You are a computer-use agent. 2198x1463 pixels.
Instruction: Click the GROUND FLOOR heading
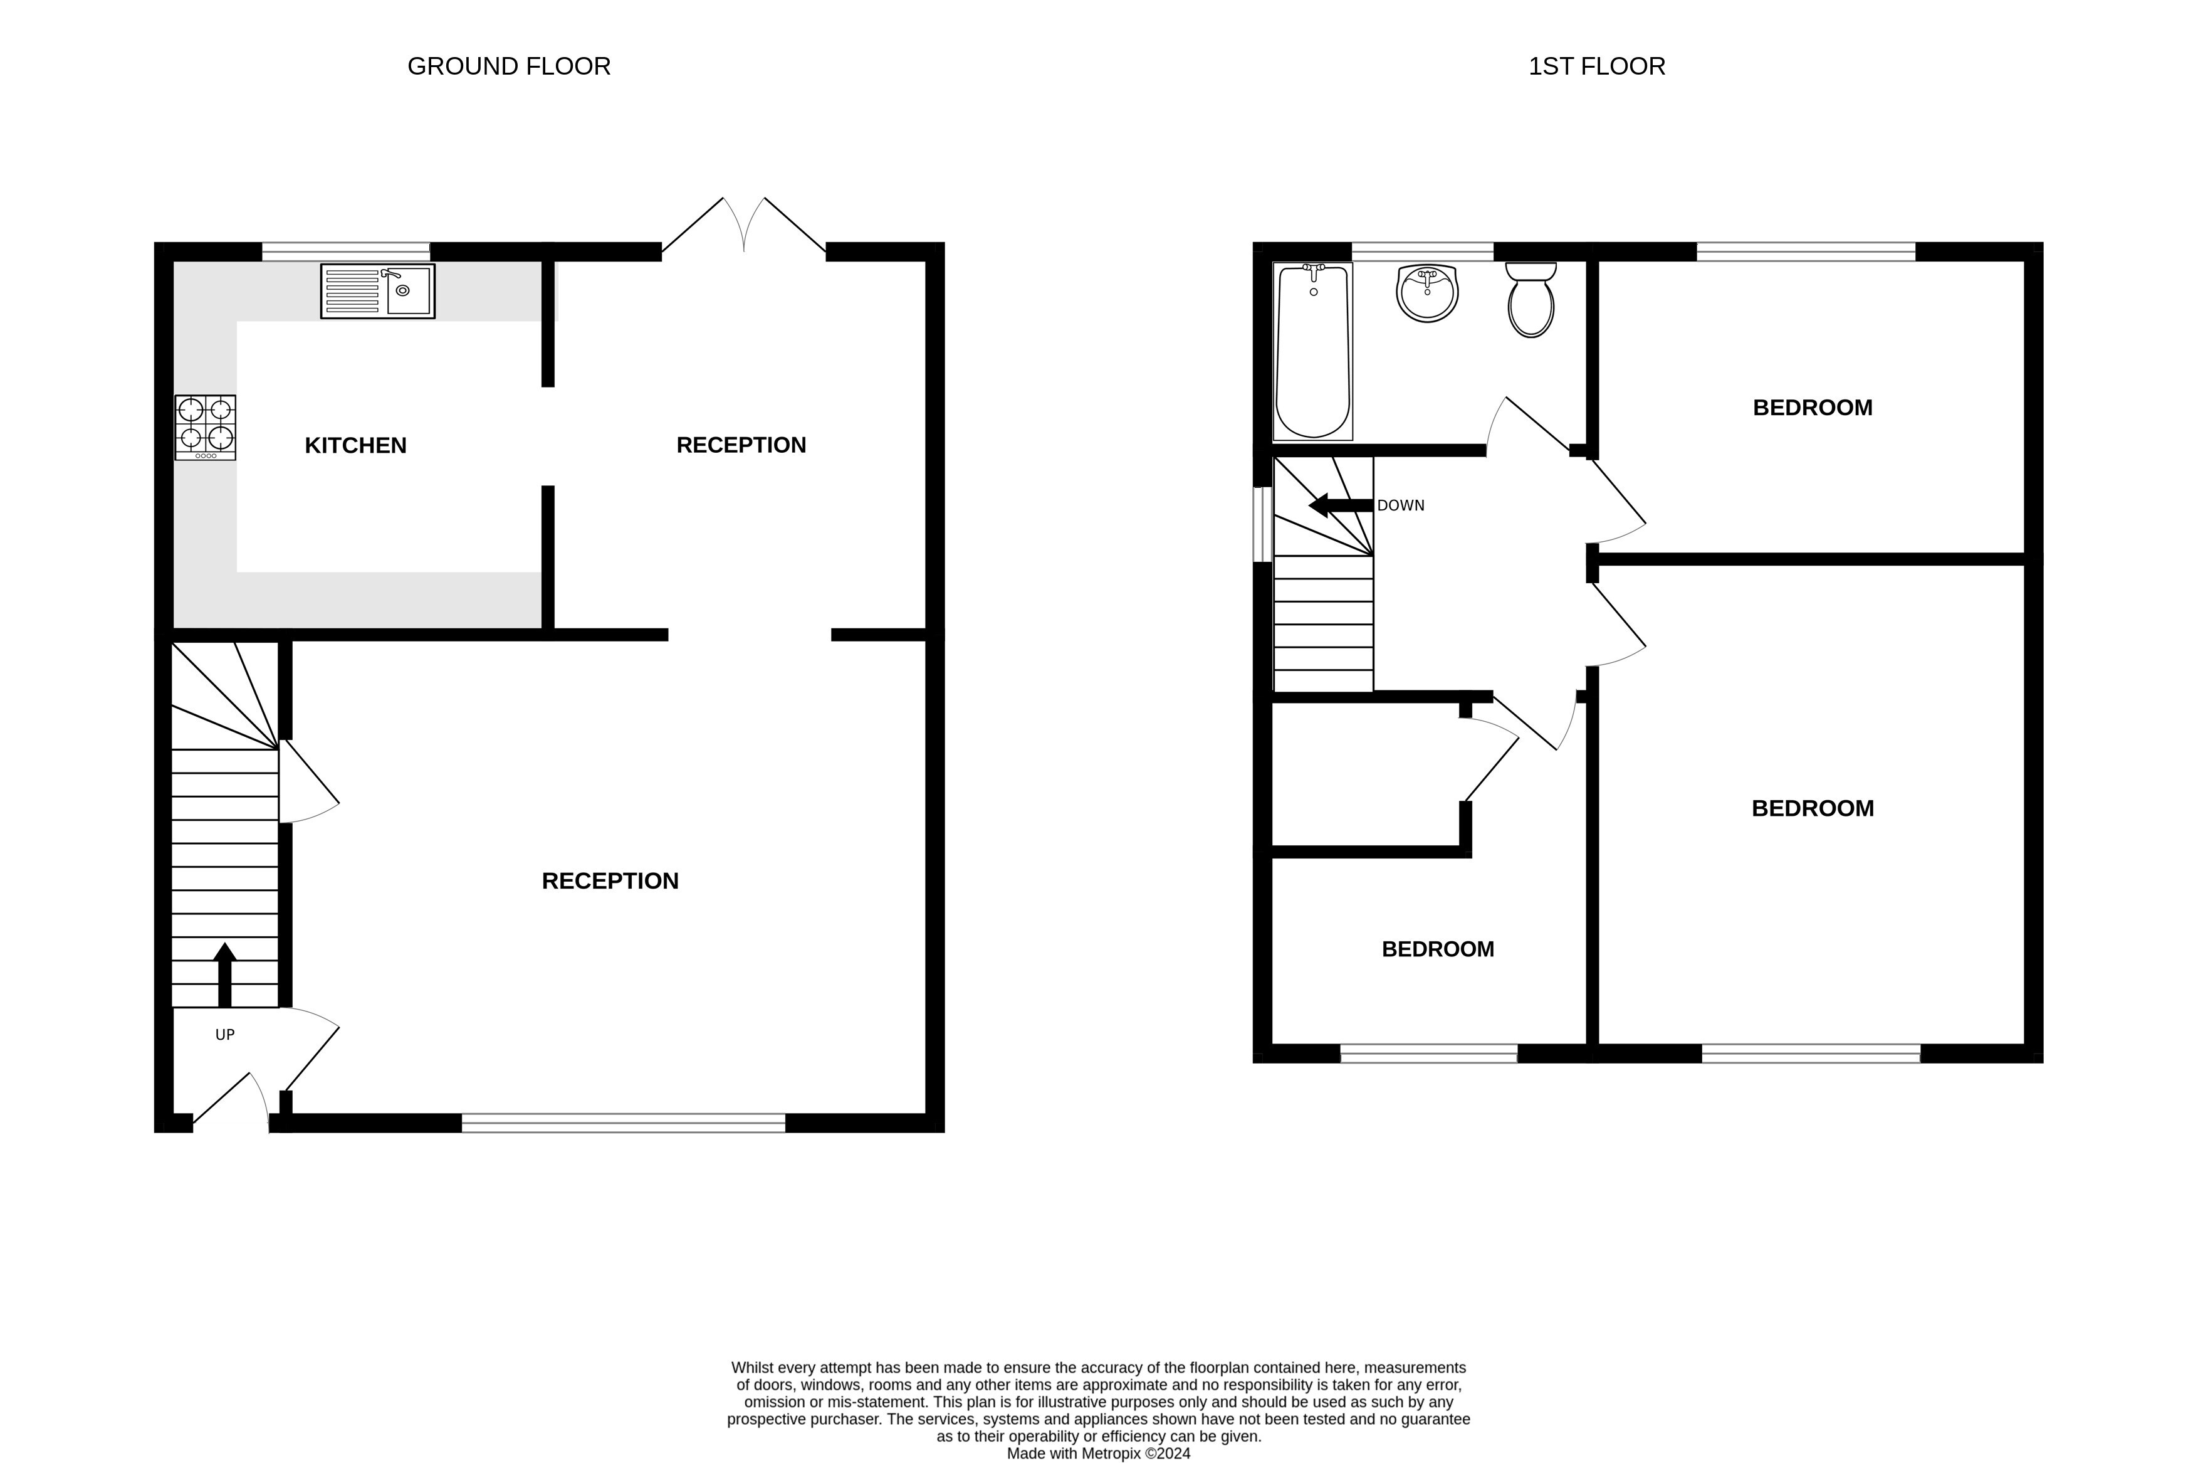click(508, 66)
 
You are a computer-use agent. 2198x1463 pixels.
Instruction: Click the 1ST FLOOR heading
click(1596, 66)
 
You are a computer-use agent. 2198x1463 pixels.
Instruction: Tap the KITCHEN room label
click(355, 445)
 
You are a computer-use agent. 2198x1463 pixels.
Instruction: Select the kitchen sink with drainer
click(378, 291)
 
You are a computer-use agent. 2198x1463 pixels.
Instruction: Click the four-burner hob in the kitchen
click(205, 427)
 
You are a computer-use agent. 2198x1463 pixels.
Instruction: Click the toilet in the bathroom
click(1531, 298)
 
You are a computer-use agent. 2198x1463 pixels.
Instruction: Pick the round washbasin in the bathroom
click(1426, 293)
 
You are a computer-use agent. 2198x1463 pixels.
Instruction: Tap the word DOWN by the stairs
click(1401, 505)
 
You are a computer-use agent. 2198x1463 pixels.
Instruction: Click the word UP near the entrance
click(225, 1035)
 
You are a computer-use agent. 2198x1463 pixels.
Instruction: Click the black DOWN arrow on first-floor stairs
click(1341, 505)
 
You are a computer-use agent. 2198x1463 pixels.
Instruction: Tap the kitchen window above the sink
click(346, 251)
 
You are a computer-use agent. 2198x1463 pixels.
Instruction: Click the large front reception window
click(624, 1122)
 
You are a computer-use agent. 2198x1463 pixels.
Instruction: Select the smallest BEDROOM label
click(1438, 949)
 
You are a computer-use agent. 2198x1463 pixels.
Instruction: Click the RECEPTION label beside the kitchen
click(741, 445)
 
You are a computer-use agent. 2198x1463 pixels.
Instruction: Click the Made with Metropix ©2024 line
click(1099, 1453)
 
